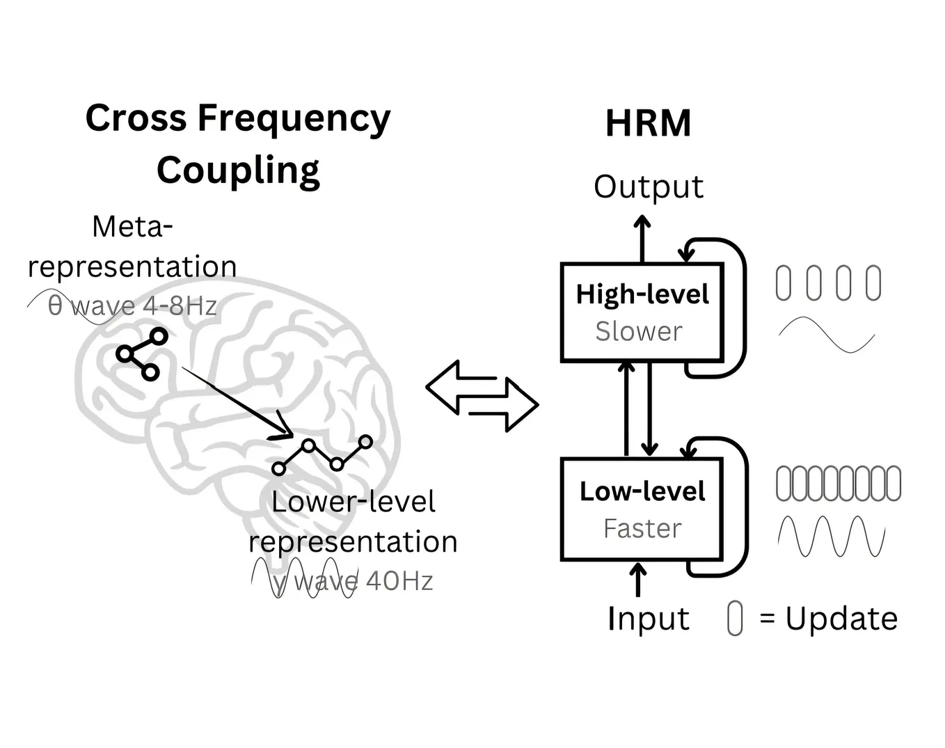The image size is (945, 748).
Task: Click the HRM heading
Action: coord(648,124)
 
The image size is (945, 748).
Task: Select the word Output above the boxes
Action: coord(648,186)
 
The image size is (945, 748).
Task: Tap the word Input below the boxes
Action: coord(648,619)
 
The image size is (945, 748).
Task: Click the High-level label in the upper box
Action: coord(642,294)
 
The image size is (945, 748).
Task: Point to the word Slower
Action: coord(639,332)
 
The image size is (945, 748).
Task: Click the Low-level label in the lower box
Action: coord(642,491)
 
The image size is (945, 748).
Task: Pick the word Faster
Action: coord(642,529)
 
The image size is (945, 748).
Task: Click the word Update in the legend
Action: coord(841,619)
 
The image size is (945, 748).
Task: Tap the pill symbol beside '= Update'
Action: coord(734,619)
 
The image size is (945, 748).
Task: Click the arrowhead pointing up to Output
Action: coord(642,223)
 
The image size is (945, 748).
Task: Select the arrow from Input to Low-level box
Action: coord(637,579)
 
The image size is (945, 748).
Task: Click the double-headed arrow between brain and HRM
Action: coord(482,397)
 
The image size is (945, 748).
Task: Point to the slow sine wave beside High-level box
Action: coord(826,335)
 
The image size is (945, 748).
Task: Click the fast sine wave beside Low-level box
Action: coord(831,536)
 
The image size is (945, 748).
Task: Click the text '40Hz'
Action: coord(399,581)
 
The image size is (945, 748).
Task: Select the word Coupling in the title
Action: coord(238,170)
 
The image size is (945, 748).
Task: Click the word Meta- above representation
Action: coord(132,226)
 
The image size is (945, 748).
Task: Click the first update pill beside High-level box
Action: coord(783,283)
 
